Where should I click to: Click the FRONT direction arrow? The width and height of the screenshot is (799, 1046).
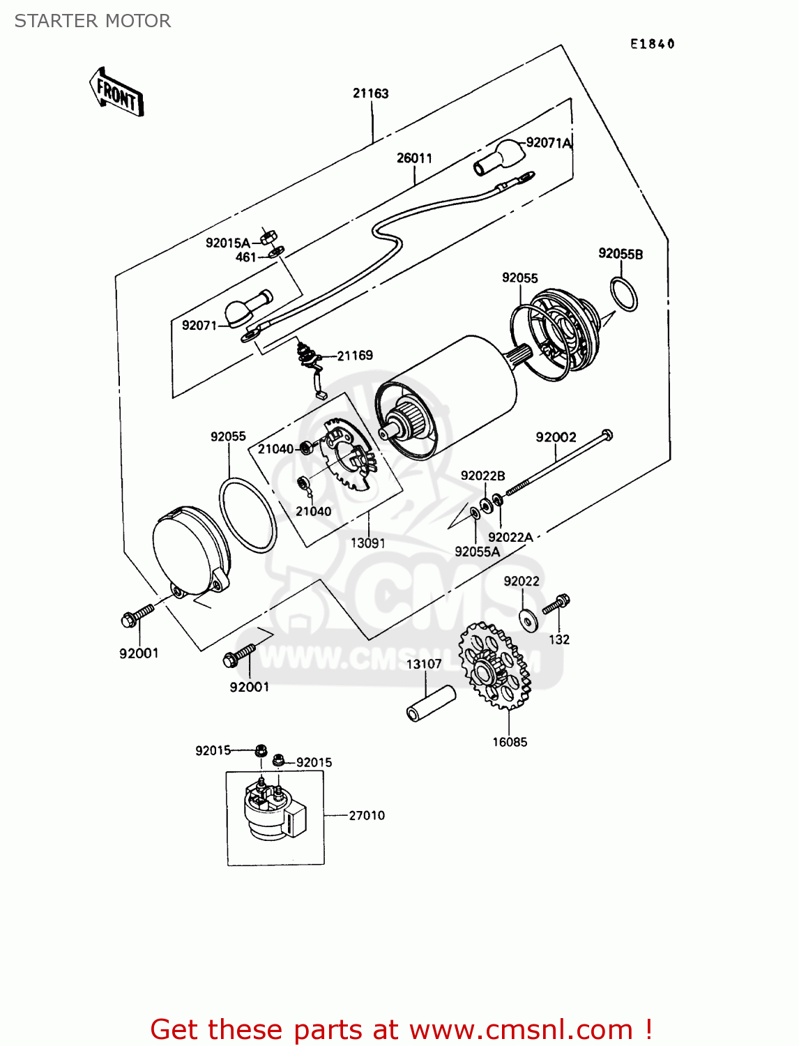(x=116, y=93)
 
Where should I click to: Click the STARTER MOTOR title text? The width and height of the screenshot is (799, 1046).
(x=93, y=21)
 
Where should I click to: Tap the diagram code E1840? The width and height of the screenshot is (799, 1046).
(x=652, y=44)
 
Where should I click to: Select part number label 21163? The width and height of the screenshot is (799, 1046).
(x=370, y=93)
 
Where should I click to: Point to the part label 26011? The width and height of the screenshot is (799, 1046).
(x=414, y=158)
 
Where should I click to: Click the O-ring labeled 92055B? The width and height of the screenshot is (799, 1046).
(x=623, y=294)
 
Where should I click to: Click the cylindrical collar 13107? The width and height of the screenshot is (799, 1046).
(x=431, y=704)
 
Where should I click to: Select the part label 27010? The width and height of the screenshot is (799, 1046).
(x=367, y=815)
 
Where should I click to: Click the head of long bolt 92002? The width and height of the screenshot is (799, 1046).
(x=606, y=435)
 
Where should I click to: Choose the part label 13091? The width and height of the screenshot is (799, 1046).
(x=367, y=543)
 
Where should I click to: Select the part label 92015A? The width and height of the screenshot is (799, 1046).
(x=227, y=243)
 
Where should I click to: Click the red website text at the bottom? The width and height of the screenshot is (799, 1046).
(x=401, y=1029)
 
